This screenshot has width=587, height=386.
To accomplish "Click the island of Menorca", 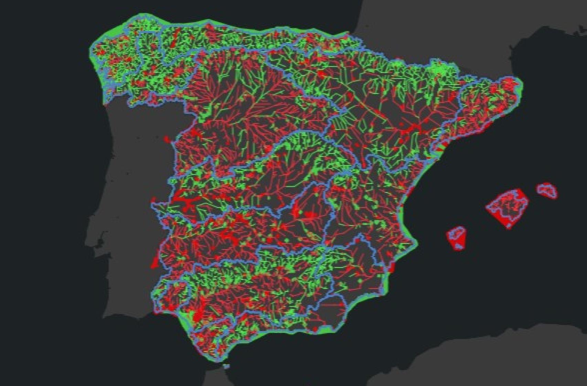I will click(547, 191).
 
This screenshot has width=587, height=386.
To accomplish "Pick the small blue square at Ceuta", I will click(226, 366).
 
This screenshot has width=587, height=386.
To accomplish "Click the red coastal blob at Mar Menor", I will click(392, 267).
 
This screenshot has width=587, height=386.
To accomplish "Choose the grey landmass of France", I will click(430, 28).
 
